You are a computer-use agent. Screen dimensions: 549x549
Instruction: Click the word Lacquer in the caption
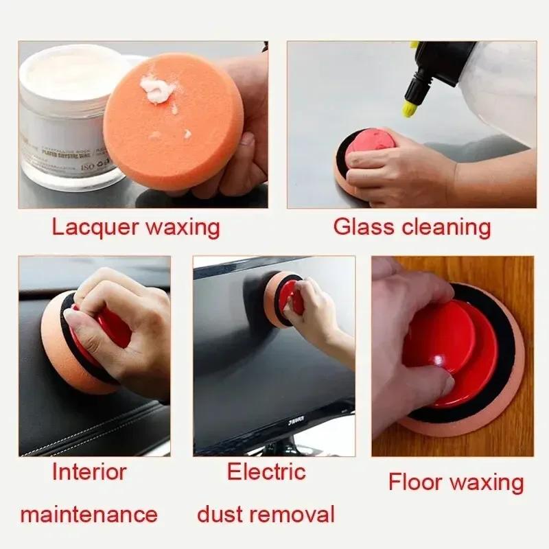(93, 227)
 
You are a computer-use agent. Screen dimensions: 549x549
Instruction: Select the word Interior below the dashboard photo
(89, 472)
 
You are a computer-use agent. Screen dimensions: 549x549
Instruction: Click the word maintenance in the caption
(89, 513)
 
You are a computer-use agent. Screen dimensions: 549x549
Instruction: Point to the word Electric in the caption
(266, 472)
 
